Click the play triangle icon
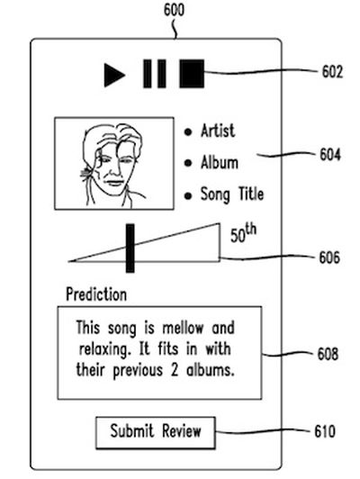(x=113, y=75)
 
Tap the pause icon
(x=155, y=74)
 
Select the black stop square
(x=192, y=74)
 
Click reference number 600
(x=174, y=10)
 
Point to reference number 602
(x=332, y=72)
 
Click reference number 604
(x=330, y=154)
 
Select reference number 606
(x=329, y=258)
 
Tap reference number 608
(x=328, y=354)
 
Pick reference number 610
(x=325, y=431)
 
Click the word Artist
(x=218, y=131)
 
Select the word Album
(x=220, y=162)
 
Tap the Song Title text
(x=232, y=194)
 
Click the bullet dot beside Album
(x=188, y=163)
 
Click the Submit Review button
(x=156, y=432)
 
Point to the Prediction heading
(x=96, y=294)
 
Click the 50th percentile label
(x=243, y=233)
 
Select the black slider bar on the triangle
(x=130, y=248)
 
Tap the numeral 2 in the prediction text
(x=175, y=370)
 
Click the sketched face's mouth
(x=114, y=183)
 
